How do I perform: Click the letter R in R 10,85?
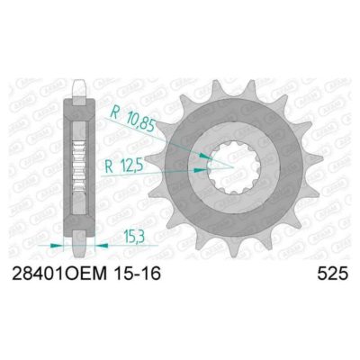[115, 113]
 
